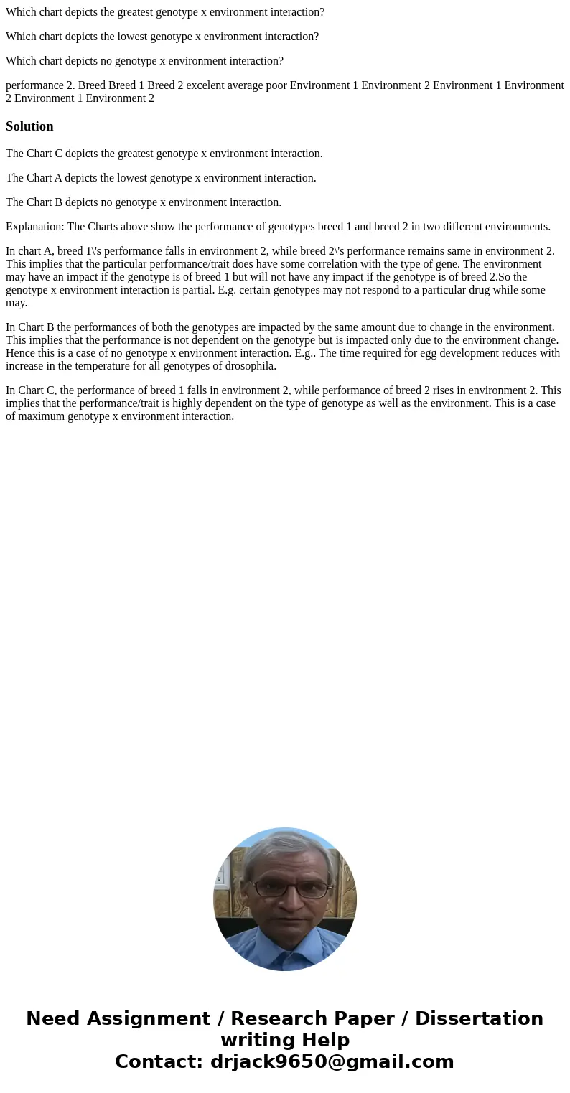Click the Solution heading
pos(29,126)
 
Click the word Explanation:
pos(34,227)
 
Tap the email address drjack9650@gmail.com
pos(332,1061)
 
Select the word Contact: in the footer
pos(159,1061)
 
